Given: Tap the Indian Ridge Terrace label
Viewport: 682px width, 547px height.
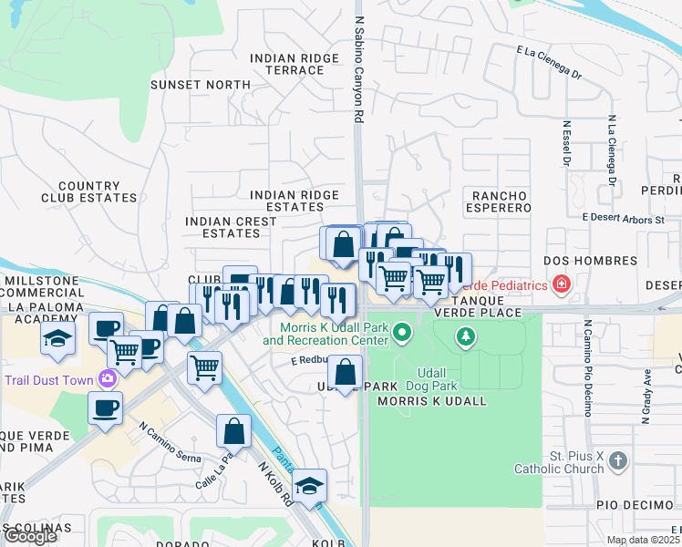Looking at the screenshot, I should coord(294,64).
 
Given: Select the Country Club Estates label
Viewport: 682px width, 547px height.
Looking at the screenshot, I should coord(88,191).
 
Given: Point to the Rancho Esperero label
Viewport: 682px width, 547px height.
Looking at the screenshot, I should coord(501,201).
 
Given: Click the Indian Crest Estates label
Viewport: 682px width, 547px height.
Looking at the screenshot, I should coord(231,227).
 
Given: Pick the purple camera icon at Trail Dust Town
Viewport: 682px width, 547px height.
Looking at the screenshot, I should coord(109,378).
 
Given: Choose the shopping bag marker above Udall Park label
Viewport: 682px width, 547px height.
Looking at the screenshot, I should coord(345,371).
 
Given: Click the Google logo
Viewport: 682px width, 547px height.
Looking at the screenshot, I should coord(30,537).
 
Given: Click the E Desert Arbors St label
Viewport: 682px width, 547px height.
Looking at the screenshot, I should coord(624,219).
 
